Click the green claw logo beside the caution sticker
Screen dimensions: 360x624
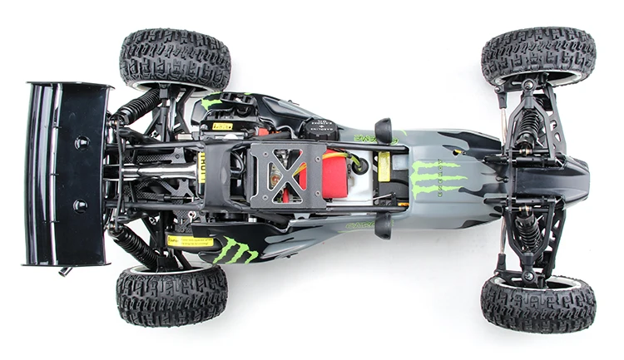[235, 250]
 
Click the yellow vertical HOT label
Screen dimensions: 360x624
[201, 165]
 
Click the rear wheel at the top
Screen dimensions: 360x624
[175, 59]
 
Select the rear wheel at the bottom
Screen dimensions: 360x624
[171, 294]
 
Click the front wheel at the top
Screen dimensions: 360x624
[537, 56]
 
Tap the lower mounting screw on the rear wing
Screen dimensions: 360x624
[82, 205]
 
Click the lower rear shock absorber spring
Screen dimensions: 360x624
[137, 246]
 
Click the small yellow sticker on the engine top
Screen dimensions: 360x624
[221, 126]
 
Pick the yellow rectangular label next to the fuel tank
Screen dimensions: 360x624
[384, 166]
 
